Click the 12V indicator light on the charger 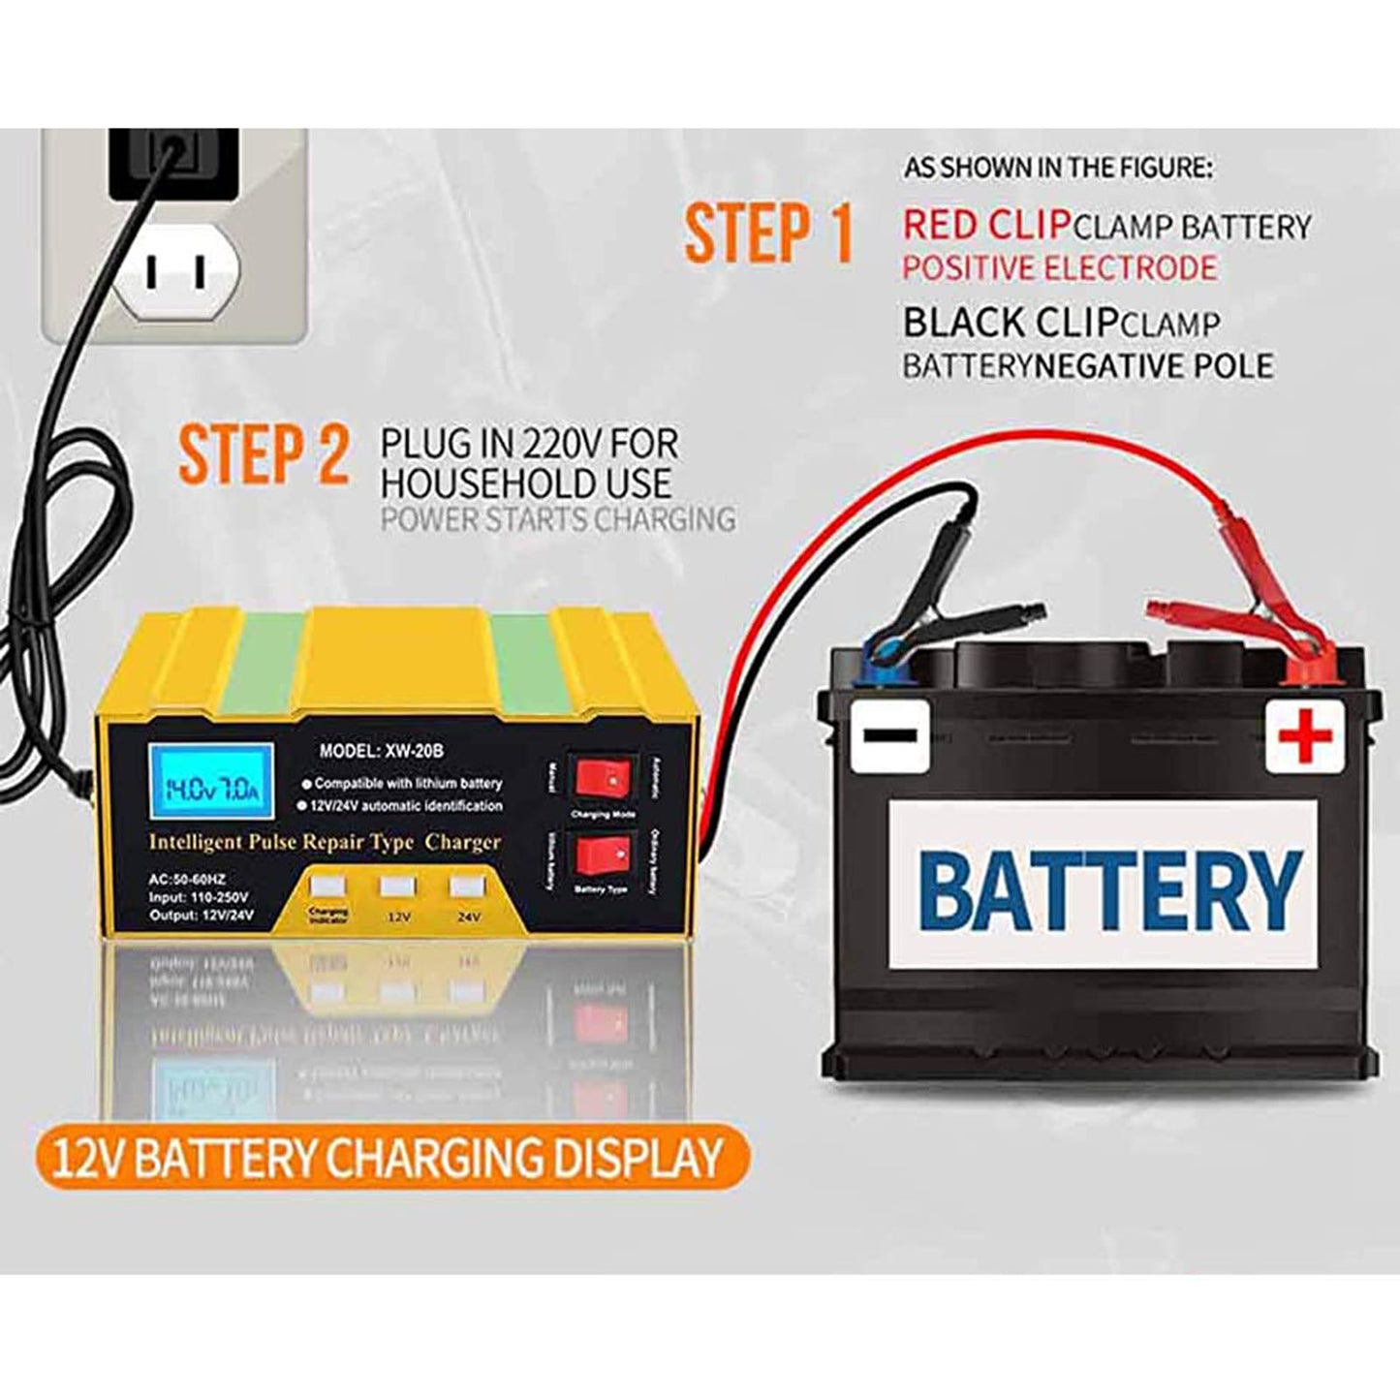(x=396, y=887)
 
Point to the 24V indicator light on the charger (x=466, y=887)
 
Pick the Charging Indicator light (x=326, y=887)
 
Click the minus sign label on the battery (x=889, y=734)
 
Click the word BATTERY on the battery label (x=1109, y=888)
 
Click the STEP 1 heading (x=768, y=233)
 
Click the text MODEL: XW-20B (x=381, y=749)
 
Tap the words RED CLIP (x=985, y=226)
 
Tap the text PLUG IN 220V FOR (x=528, y=445)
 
